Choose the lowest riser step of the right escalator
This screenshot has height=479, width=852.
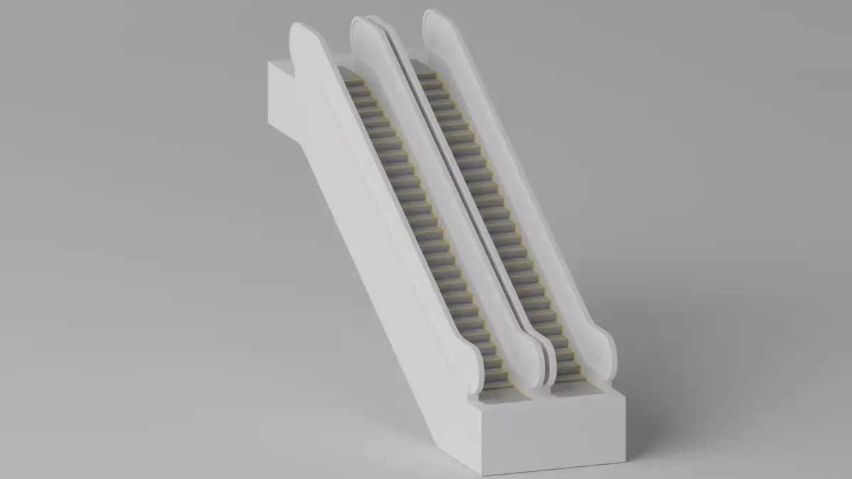click(570, 379)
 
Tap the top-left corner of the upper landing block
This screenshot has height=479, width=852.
click(268, 62)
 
